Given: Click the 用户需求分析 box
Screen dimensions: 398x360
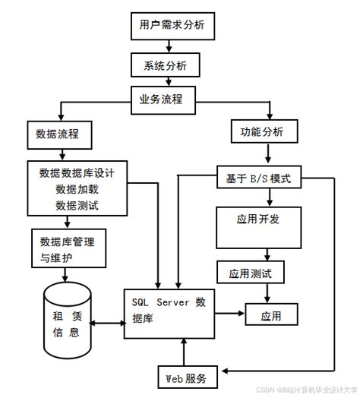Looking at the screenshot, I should [x=167, y=26].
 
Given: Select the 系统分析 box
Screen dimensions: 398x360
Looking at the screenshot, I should [x=166, y=65].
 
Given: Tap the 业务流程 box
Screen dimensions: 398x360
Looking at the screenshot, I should [x=166, y=99].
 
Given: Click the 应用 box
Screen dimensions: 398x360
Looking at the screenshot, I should [x=270, y=313].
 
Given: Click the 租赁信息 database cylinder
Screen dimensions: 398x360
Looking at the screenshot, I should [x=68, y=320].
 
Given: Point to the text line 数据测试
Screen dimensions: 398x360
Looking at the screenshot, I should [x=77, y=205].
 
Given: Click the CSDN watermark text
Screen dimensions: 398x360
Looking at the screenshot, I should [x=303, y=390].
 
